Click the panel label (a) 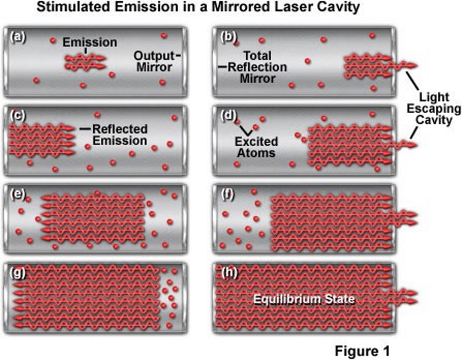tap(18, 37)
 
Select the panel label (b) tap(228, 37)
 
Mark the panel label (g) tap(18, 273)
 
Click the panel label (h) tap(228, 273)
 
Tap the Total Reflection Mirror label tap(257, 67)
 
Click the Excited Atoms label tap(258, 147)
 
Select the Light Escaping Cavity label tap(433, 109)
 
